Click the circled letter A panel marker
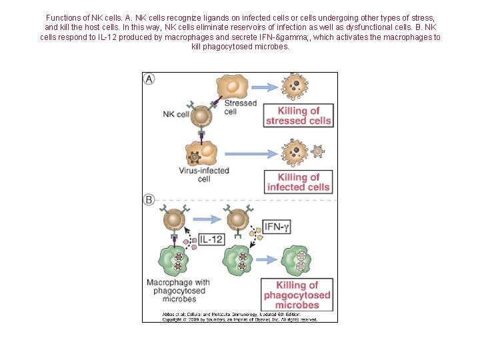[x=150, y=79]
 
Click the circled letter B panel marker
[x=150, y=199]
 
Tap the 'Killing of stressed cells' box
[x=298, y=116]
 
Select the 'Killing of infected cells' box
[x=298, y=182]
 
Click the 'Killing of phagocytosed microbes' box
[x=297, y=295]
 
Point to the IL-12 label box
[x=210, y=239]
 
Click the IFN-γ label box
[x=277, y=227]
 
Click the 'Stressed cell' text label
[x=240, y=107]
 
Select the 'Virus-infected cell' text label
[x=204, y=175]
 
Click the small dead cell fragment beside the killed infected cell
[x=318, y=151]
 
